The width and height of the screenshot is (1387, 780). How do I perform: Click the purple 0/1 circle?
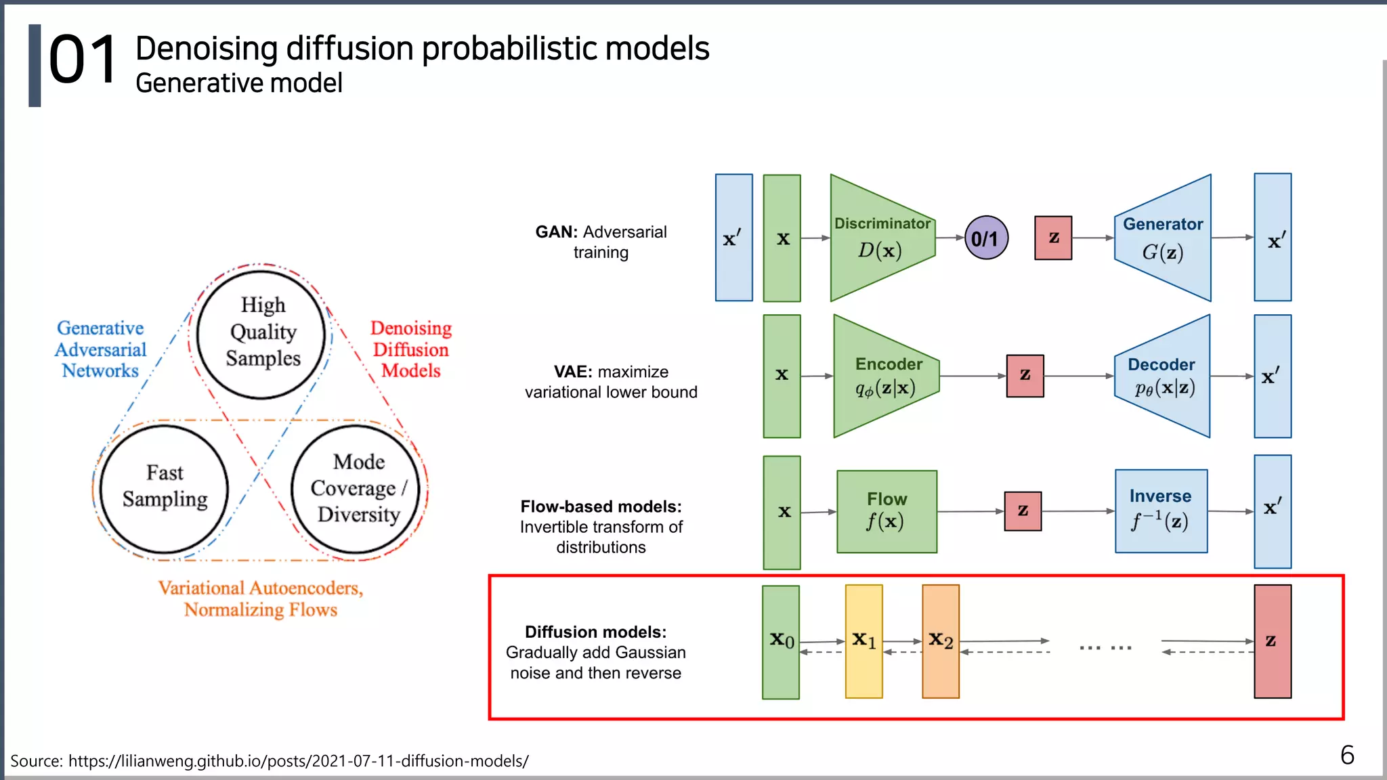(x=986, y=238)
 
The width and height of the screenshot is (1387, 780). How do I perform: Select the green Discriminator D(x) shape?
(x=880, y=238)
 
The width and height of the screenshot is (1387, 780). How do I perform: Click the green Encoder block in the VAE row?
(x=886, y=376)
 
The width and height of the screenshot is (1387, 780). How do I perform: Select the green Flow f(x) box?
(x=887, y=512)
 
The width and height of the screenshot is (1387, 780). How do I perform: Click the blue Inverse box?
(x=1161, y=511)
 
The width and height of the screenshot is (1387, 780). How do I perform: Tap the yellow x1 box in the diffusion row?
(x=863, y=641)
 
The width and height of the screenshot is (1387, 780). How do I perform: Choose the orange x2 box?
(x=941, y=641)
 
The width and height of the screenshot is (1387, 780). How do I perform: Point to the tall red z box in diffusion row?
(x=1273, y=641)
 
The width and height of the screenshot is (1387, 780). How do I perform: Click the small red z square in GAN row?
(x=1053, y=238)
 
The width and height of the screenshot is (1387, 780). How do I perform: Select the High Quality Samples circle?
(x=262, y=333)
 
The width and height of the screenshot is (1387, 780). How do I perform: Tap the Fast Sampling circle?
(x=165, y=487)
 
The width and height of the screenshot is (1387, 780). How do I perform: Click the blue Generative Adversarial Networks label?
(x=100, y=349)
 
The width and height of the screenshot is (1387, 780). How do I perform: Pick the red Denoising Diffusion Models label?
(x=410, y=349)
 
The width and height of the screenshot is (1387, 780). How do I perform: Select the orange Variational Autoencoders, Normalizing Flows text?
(x=261, y=599)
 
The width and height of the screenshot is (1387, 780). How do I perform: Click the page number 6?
(x=1347, y=755)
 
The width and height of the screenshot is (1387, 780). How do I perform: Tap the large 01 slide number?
(x=83, y=61)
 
